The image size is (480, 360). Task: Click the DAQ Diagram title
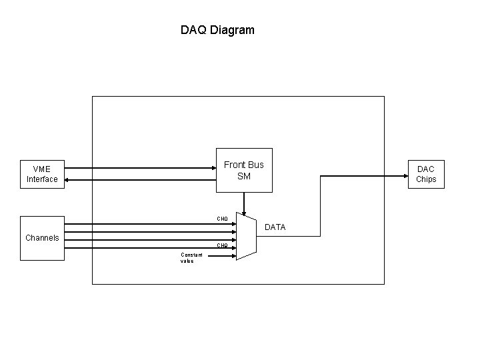click(x=217, y=30)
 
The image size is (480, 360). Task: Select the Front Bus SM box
click(x=244, y=170)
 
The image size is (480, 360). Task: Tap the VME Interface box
click(x=42, y=174)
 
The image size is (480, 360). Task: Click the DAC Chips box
click(x=426, y=174)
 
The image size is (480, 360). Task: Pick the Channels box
click(x=42, y=237)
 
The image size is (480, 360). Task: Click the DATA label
click(x=275, y=227)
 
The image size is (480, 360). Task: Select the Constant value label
click(x=187, y=257)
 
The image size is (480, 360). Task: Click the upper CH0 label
click(x=222, y=219)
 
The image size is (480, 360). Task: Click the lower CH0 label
click(x=222, y=245)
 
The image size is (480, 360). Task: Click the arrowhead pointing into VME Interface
click(x=68, y=179)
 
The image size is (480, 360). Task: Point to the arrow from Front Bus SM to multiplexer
click(x=244, y=203)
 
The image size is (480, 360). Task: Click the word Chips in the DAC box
click(x=426, y=179)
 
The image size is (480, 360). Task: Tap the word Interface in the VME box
click(x=42, y=179)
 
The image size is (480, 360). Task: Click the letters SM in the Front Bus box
click(x=244, y=176)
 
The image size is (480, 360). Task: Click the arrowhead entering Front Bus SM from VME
click(x=213, y=168)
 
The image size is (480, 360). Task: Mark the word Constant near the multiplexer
click(x=188, y=254)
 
